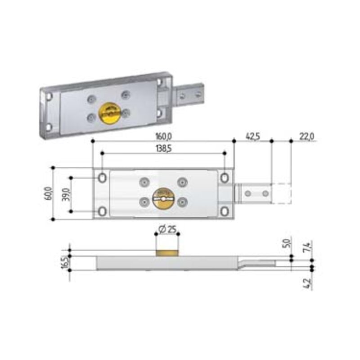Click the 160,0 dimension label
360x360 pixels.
click(x=163, y=137)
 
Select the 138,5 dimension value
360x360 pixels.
click(x=164, y=149)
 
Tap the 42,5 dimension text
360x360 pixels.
click(x=253, y=136)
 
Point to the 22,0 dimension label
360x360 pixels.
click(x=307, y=136)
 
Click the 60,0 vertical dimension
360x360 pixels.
click(x=48, y=193)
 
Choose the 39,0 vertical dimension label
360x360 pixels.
click(x=66, y=194)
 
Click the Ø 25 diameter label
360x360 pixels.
click(x=167, y=229)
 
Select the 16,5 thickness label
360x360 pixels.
click(x=65, y=262)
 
